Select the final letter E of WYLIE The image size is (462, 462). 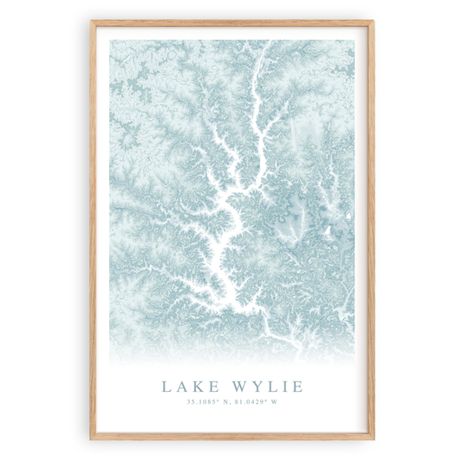coord(296,385)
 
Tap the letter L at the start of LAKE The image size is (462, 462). coord(165,385)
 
